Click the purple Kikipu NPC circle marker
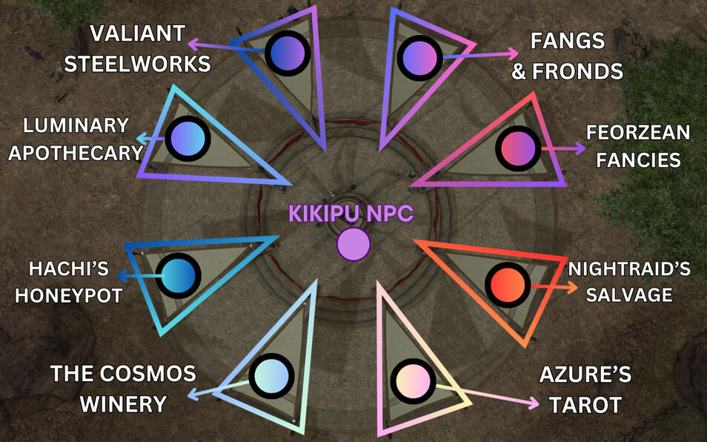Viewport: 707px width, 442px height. coord(353,245)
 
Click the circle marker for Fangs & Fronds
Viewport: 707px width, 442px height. coord(419,56)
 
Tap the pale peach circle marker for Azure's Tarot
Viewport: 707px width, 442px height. coord(413,381)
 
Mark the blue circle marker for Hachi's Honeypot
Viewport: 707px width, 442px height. coord(178,274)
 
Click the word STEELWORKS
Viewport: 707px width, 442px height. coord(137,64)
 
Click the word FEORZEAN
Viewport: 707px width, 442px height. coord(638,133)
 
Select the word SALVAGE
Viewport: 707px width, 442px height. coord(629,294)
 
